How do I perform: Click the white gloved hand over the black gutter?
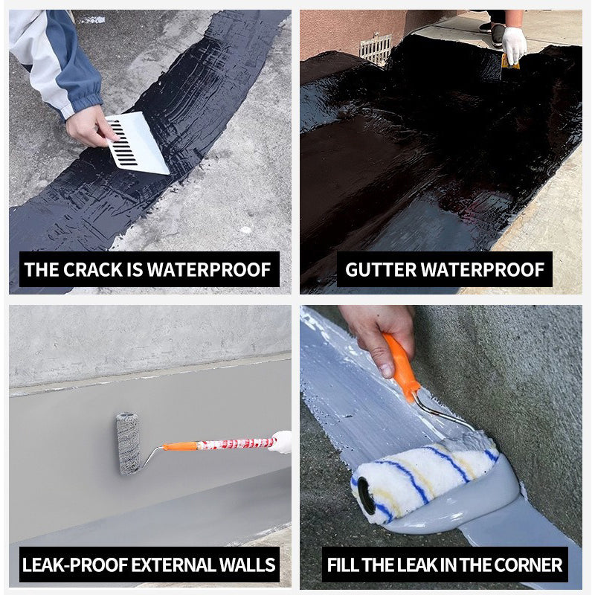coord(513,44)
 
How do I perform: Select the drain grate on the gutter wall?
coord(376,48)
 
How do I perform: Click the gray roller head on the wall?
coord(128,443)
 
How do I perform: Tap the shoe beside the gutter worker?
coord(497,33)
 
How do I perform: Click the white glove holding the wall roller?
coord(281,442)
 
